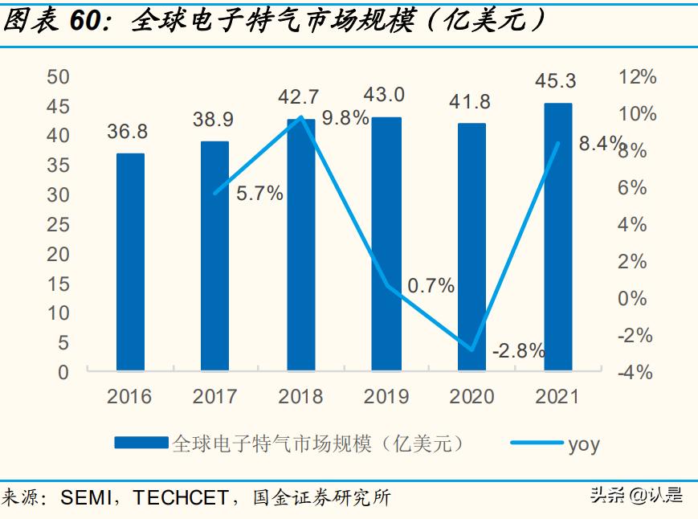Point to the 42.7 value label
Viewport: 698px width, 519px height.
point(300,96)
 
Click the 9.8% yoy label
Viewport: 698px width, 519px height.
point(345,118)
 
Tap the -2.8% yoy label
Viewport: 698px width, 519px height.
point(519,350)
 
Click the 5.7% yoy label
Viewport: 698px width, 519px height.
point(259,194)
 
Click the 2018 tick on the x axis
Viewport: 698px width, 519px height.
point(300,396)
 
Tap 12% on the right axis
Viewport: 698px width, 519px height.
point(638,77)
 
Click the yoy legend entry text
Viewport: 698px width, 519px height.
point(584,444)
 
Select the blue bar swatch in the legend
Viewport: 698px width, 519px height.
point(141,443)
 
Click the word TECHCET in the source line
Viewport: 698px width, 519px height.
point(181,498)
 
